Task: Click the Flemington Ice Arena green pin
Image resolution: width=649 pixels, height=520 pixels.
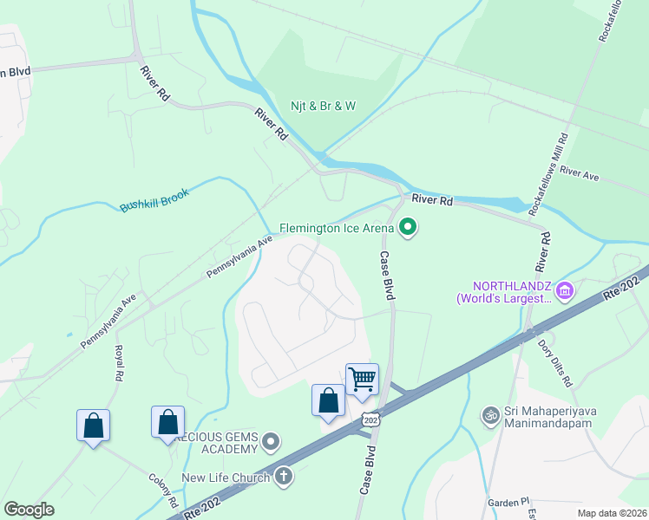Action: coord(408,229)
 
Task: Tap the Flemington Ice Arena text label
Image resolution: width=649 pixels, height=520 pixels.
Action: coord(337,229)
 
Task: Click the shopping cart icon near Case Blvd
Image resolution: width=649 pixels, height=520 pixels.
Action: coord(362,378)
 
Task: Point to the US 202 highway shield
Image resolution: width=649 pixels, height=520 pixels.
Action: coord(370,419)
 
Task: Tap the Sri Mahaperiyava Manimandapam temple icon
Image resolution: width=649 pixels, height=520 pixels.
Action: coord(491,415)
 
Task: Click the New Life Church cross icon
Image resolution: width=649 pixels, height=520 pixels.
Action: coord(284,476)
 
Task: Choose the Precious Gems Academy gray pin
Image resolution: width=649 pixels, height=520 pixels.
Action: coord(272,443)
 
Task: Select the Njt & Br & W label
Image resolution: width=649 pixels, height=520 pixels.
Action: coord(324,106)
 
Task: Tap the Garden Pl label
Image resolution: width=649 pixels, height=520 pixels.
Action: coord(508,502)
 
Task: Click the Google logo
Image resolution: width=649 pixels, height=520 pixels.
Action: coord(29,510)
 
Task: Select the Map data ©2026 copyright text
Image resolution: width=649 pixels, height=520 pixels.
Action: coord(613,512)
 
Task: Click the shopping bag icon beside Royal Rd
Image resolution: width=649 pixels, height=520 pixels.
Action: coord(93,426)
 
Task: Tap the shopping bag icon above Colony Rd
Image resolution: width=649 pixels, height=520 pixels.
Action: coord(167,422)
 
